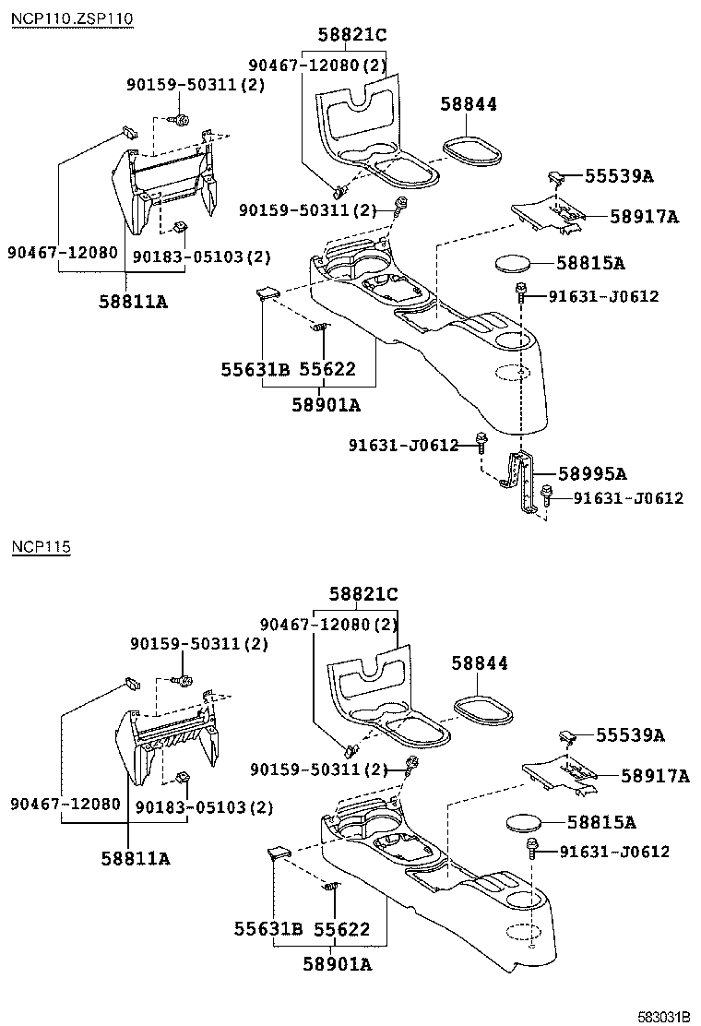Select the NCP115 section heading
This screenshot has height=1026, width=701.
(x=41, y=547)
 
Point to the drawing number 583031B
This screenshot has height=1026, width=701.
(x=663, y=1016)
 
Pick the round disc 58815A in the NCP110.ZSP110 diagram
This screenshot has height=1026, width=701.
(x=513, y=263)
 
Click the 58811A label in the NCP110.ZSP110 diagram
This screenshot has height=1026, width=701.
(x=135, y=301)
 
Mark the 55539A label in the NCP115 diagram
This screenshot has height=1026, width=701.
(x=630, y=735)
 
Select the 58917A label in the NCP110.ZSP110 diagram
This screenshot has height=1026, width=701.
(x=644, y=217)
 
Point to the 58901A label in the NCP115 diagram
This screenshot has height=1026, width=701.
(x=338, y=964)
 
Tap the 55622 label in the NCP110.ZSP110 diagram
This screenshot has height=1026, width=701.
(x=327, y=369)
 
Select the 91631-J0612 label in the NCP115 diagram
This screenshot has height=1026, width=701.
(x=614, y=852)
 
